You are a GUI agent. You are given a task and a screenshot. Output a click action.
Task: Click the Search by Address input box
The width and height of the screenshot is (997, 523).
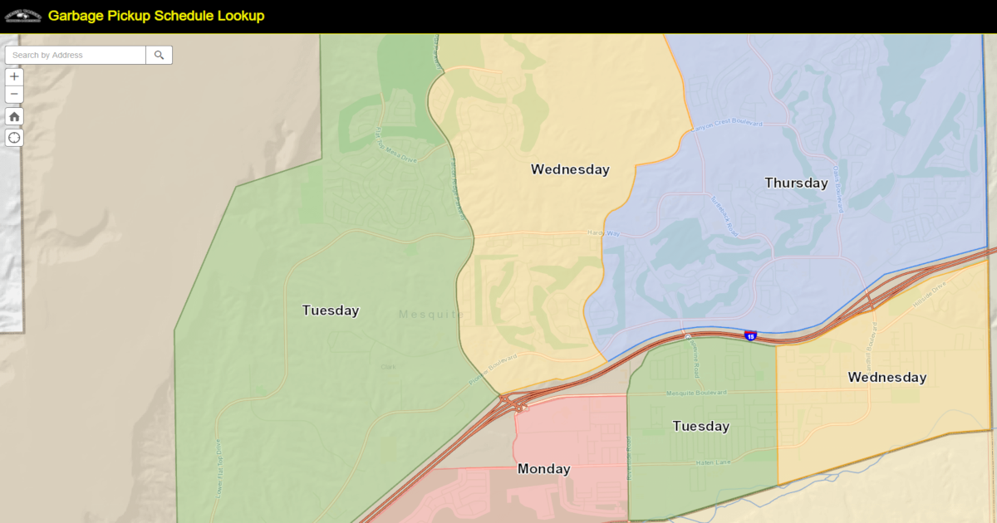(76, 56)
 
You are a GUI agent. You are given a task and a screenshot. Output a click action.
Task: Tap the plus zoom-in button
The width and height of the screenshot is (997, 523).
(14, 76)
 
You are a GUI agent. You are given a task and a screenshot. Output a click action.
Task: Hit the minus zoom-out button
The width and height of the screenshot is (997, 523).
(14, 95)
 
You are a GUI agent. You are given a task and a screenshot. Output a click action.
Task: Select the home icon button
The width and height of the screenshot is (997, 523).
(14, 116)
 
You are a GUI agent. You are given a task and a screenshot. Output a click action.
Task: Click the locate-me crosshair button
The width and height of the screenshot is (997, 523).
(14, 137)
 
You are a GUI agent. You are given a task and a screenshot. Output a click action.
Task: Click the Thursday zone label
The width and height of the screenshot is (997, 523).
(796, 183)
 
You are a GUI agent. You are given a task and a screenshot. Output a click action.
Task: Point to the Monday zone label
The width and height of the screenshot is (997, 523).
(543, 469)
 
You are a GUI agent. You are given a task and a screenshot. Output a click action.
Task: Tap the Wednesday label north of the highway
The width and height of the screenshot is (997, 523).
(570, 169)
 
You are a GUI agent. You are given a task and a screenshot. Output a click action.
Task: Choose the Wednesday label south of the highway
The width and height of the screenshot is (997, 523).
(886, 377)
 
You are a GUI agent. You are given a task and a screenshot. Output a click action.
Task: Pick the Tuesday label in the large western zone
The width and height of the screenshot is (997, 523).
(330, 310)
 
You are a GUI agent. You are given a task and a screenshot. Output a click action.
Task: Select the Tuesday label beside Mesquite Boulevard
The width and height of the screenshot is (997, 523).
(700, 426)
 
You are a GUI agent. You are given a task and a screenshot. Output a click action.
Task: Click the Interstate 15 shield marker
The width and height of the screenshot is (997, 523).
(750, 335)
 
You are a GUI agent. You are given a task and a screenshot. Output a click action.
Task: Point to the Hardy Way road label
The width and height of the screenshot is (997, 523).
(604, 233)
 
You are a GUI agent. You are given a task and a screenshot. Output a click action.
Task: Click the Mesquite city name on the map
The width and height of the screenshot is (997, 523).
(430, 314)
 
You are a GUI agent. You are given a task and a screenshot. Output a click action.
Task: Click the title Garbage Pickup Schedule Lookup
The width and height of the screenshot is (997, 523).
(156, 16)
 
